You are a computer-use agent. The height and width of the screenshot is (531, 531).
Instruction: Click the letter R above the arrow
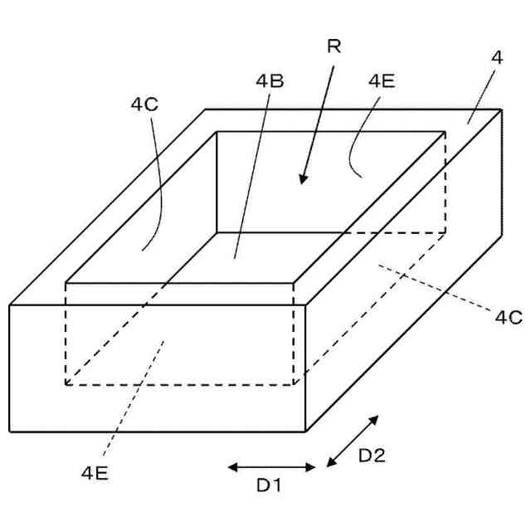pos(334,46)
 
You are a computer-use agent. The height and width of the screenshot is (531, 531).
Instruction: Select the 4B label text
pos(270,80)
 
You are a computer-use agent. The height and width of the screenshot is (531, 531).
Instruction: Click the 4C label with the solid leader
pos(145,105)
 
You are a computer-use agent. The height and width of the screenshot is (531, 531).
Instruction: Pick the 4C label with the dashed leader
pos(509,316)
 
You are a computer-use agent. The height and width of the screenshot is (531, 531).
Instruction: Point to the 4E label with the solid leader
pos(382,80)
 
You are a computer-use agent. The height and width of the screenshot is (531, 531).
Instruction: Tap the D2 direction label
pos(371,455)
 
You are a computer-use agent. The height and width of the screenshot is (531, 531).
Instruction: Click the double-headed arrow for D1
pos(271,467)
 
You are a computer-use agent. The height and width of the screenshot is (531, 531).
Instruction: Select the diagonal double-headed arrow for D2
pos(353,441)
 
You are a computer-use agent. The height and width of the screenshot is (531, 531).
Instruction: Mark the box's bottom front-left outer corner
pos(10,431)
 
